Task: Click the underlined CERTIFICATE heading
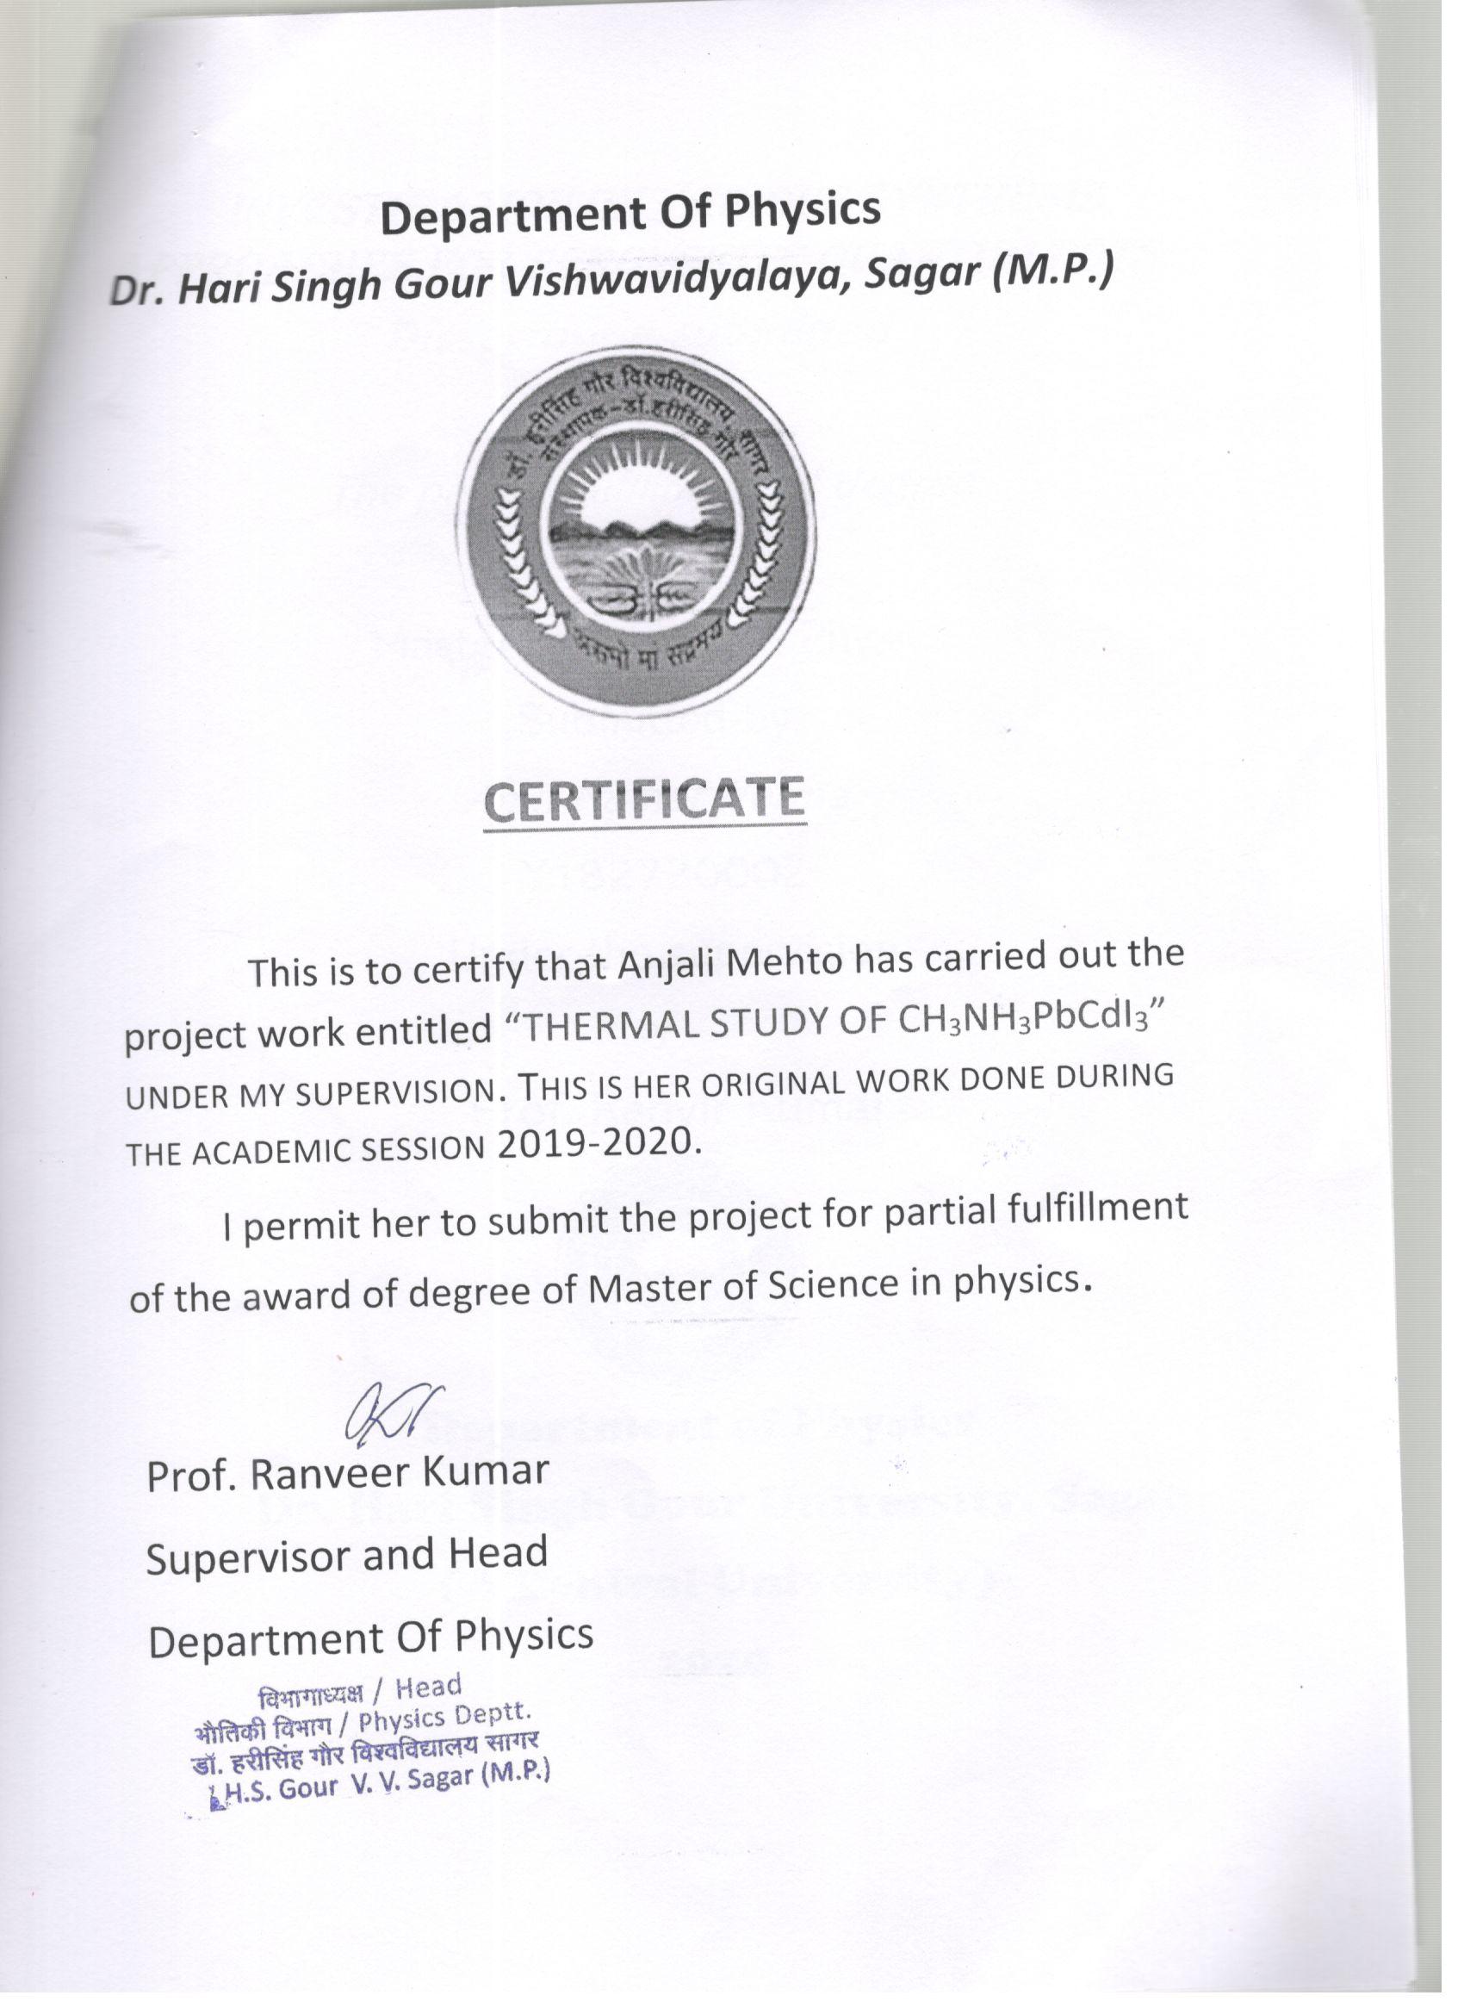click(x=645, y=800)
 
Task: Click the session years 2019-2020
click(x=594, y=1142)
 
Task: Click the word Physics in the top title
click(x=804, y=210)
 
